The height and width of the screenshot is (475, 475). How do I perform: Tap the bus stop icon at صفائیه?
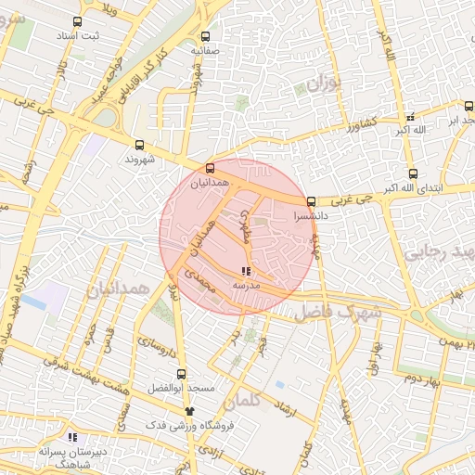[205, 37]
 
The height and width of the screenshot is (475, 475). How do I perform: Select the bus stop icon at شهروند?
[139, 145]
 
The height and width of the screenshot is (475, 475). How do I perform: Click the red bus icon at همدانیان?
[210, 169]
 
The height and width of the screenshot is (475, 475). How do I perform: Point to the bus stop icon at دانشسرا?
[311, 200]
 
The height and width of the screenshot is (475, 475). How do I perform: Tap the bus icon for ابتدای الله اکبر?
[413, 173]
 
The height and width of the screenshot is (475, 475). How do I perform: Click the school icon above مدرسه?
[245, 271]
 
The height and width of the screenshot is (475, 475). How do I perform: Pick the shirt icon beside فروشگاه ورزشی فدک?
[189, 409]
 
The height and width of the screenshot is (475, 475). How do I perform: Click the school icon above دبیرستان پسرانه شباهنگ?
[71, 437]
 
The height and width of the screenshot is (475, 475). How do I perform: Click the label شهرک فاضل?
[339, 314]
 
